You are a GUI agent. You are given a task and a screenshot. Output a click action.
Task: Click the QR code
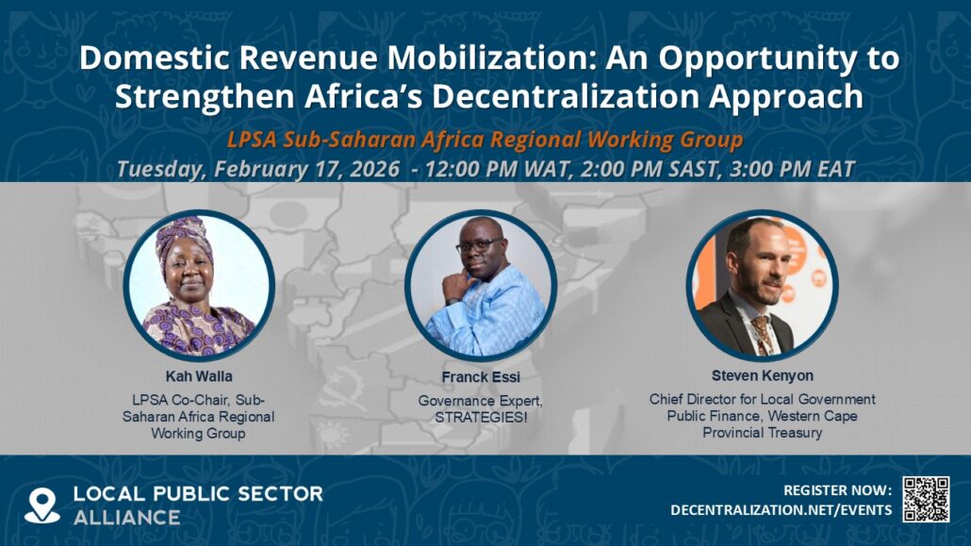[x=926, y=499]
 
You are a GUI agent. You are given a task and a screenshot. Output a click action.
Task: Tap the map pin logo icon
[x=42, y=505]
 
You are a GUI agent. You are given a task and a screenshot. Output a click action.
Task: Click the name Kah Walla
[x=199, y=376]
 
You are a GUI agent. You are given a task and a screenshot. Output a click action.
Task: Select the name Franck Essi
[x=481, y=377]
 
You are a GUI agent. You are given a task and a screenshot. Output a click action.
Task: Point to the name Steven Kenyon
[x=763, y=375]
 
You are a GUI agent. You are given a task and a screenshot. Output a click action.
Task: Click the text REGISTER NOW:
[x=838, y=490]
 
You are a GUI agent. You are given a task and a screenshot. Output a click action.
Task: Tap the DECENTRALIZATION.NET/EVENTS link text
[x=782, y=510]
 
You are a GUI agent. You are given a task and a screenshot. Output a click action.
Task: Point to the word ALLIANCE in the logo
[x=127, y=518]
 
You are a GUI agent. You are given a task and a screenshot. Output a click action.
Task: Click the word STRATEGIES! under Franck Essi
[x=481, y=418]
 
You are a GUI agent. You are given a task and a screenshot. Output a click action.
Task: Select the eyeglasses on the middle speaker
[x=479, y=246]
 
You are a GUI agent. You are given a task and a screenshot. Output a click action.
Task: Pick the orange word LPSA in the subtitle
[x=253, y=140]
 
